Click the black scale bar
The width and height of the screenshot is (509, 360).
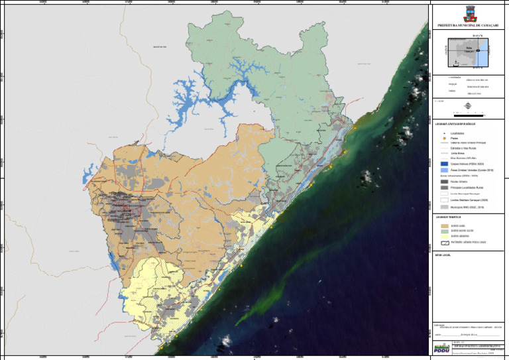pos(469,114)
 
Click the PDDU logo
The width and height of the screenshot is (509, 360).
pos(441,347)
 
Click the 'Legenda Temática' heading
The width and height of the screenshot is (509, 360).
pos(447,216)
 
